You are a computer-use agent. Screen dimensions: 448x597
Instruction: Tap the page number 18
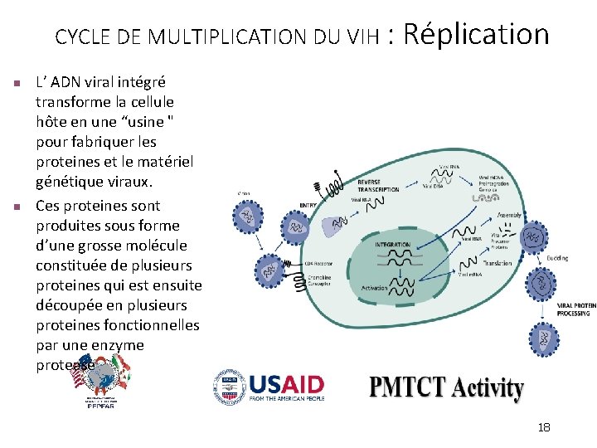544,427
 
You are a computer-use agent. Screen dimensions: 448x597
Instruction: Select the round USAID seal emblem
228,386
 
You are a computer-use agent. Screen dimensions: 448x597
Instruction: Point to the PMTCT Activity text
446,388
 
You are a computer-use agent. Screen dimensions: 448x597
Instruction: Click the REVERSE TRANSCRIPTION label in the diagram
378,185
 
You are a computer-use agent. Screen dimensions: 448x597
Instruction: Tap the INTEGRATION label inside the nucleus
392,245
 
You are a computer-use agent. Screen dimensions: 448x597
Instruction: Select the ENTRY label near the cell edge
308,206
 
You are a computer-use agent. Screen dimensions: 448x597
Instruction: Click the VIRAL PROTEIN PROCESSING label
576,309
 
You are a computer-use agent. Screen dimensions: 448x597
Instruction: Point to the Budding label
557,258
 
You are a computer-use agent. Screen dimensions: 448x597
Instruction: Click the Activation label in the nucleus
374,288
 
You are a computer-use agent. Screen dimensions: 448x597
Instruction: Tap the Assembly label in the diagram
509,215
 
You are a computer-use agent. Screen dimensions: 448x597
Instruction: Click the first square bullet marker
16,83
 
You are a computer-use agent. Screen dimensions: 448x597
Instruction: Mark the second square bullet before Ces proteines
16,207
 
